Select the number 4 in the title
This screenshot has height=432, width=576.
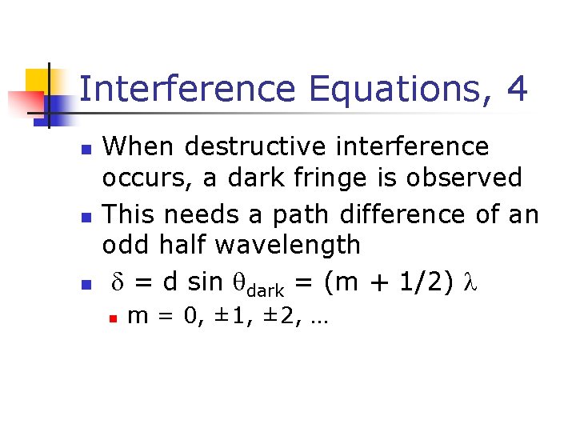click(x=517, y=89)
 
